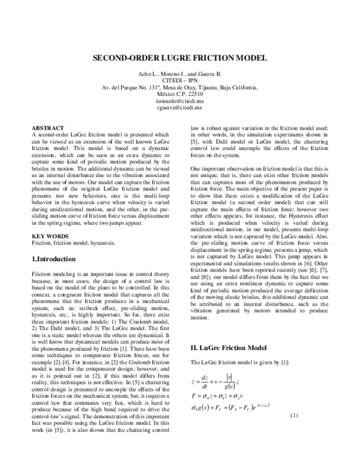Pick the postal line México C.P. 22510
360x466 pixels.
180,95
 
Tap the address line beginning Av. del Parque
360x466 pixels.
180,87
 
